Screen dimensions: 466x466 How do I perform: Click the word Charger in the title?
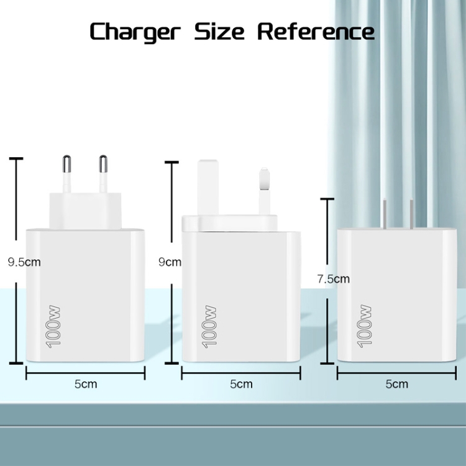click(135, 32)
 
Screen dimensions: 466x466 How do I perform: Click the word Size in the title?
click(219, 31)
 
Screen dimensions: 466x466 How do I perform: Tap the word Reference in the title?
click(316, 31)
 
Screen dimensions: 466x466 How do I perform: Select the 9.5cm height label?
click(24, 262)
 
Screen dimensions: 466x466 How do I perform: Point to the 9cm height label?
click(170, 262)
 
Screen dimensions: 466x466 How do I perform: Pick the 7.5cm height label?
click(334, 279)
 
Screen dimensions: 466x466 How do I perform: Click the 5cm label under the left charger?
click(86, 384)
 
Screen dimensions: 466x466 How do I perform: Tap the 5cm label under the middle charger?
click(241, 384)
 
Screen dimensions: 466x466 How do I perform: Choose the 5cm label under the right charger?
click(397, 384)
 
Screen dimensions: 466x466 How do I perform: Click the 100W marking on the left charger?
click(53, 326)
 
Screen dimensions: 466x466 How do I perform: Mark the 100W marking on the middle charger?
click(209, 326)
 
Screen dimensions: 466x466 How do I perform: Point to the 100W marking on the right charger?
click(364, 326)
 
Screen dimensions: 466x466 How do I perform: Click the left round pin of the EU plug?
click(67, 174)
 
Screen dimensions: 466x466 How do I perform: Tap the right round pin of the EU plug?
click(103, 174)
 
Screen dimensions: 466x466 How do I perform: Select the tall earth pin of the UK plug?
click(208, 188)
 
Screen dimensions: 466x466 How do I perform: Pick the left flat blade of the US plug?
click(385, 214)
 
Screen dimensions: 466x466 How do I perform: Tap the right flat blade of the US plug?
click(411, 214)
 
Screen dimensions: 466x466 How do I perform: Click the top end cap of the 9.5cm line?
click(16, 159)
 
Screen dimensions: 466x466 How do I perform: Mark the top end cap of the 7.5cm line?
click(327, 199)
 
